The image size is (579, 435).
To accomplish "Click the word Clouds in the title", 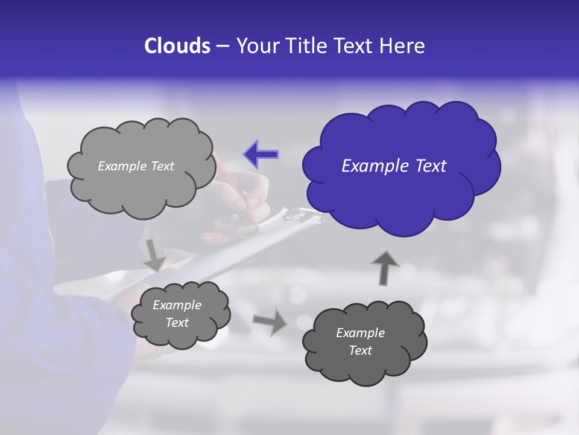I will click(x=177, y=46).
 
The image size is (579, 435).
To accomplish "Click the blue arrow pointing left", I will click(x=261, y=154).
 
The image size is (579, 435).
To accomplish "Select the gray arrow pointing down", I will click(x=154, y=254).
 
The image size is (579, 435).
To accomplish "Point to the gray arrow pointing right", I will click(x=270, y=321).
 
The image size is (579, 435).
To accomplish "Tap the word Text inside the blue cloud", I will click(x=430, y=166).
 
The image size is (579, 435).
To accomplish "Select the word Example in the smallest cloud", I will click(x=177, y=305).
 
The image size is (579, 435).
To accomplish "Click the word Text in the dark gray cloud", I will click(x=360, y=350).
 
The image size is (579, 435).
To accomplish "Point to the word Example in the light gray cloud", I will click(x=120, y=166).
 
